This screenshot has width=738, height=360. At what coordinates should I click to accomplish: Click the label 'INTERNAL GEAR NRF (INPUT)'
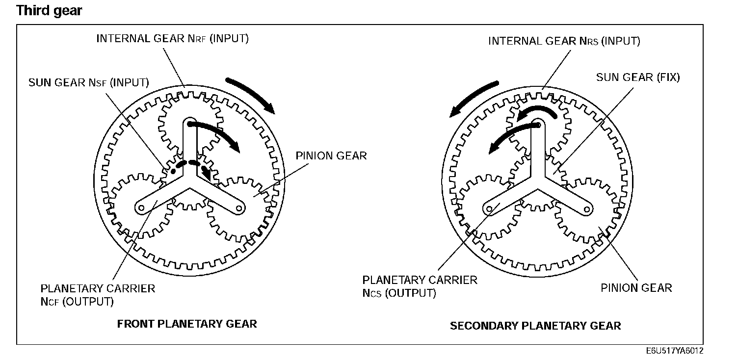tap(172, 39)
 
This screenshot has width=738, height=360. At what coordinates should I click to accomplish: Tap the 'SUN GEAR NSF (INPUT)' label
tap(89, 82)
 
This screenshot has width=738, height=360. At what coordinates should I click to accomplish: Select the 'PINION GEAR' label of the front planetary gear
tap(331, 156)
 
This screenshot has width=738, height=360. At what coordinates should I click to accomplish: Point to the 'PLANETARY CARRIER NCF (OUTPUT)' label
tap(98, 295)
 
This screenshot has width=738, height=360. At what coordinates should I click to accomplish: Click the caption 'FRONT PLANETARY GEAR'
tap(187, 324)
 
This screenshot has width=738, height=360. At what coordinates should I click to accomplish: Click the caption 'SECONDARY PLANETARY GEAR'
tap(535, 326)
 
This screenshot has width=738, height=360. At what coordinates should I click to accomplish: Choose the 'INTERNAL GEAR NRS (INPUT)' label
tap(564, 41)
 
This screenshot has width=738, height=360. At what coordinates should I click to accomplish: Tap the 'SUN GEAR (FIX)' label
tap(638, 77)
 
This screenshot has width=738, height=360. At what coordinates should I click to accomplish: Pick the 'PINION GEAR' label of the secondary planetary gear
tap(636, 288)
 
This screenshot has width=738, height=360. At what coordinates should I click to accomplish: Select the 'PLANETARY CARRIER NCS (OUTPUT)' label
tap(420, 286)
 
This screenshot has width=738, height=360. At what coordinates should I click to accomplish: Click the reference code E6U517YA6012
tap(675, 351)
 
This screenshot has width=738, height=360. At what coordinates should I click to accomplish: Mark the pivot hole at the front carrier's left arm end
tap(140, 208)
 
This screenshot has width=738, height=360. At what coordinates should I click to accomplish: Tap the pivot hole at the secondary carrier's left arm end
tap(489, 209)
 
